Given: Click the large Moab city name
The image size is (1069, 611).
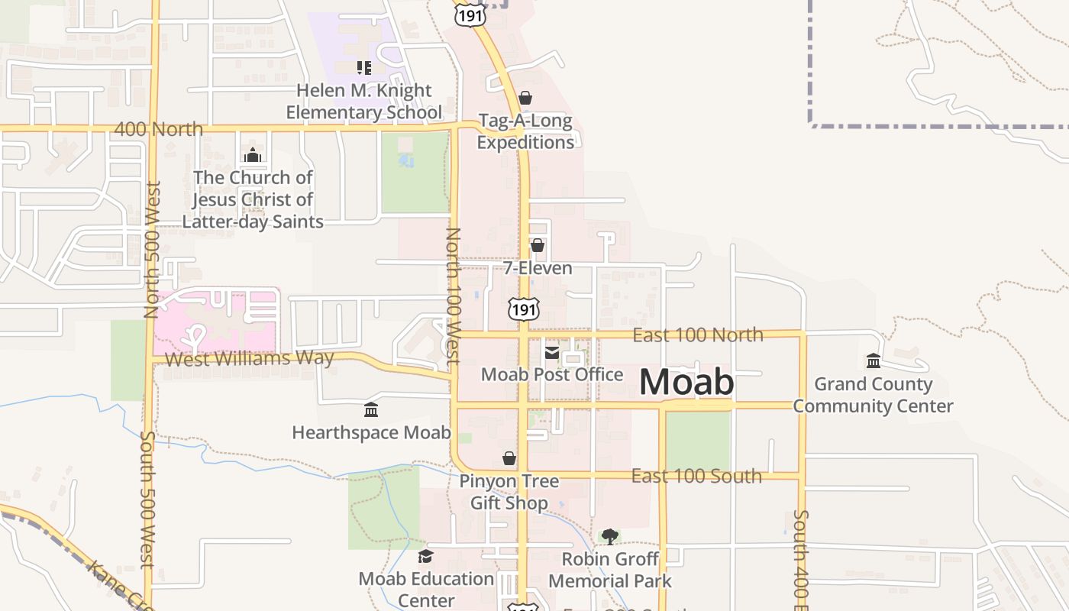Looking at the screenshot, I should click(x=686, y=382).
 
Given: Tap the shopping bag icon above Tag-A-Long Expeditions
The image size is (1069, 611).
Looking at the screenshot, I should click(x=525, y=98).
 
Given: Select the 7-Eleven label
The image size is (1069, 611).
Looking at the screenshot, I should click(x=538, y=268).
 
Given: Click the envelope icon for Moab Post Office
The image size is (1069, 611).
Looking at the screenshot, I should click(x=551, y=353).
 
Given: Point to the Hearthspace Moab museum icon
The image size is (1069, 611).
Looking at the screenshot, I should click(x=371, y=411).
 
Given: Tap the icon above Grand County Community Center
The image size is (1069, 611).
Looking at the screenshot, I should click(x=874, y=360).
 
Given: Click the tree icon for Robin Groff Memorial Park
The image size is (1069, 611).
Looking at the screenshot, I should click(x=609, y=537).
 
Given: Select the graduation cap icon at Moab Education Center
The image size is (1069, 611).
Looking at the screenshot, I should click(x=425, y=556).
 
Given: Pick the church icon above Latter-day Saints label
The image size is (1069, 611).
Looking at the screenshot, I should click(x=253, y=156).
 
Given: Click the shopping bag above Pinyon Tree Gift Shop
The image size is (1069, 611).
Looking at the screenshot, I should click(x=509, y=458).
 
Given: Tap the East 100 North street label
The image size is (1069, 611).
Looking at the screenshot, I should click(x=698, y=335).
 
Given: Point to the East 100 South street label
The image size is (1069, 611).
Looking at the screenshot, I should click(x=696, y=476).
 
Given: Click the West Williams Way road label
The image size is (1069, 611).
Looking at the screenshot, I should click(x=250, y=358).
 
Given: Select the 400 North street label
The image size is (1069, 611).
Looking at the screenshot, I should click(x=159, y=129).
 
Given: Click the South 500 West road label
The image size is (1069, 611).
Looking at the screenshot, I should click(x=148, y=500).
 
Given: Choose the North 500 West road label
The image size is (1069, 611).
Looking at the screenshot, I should click(x=151, y=249).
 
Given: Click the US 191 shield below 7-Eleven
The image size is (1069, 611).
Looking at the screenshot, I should click(x=524, y=309).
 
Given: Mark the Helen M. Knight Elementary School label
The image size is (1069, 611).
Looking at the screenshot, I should click(x=364, y=102).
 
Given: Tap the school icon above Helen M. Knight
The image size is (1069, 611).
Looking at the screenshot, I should click(x=364, y=68).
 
